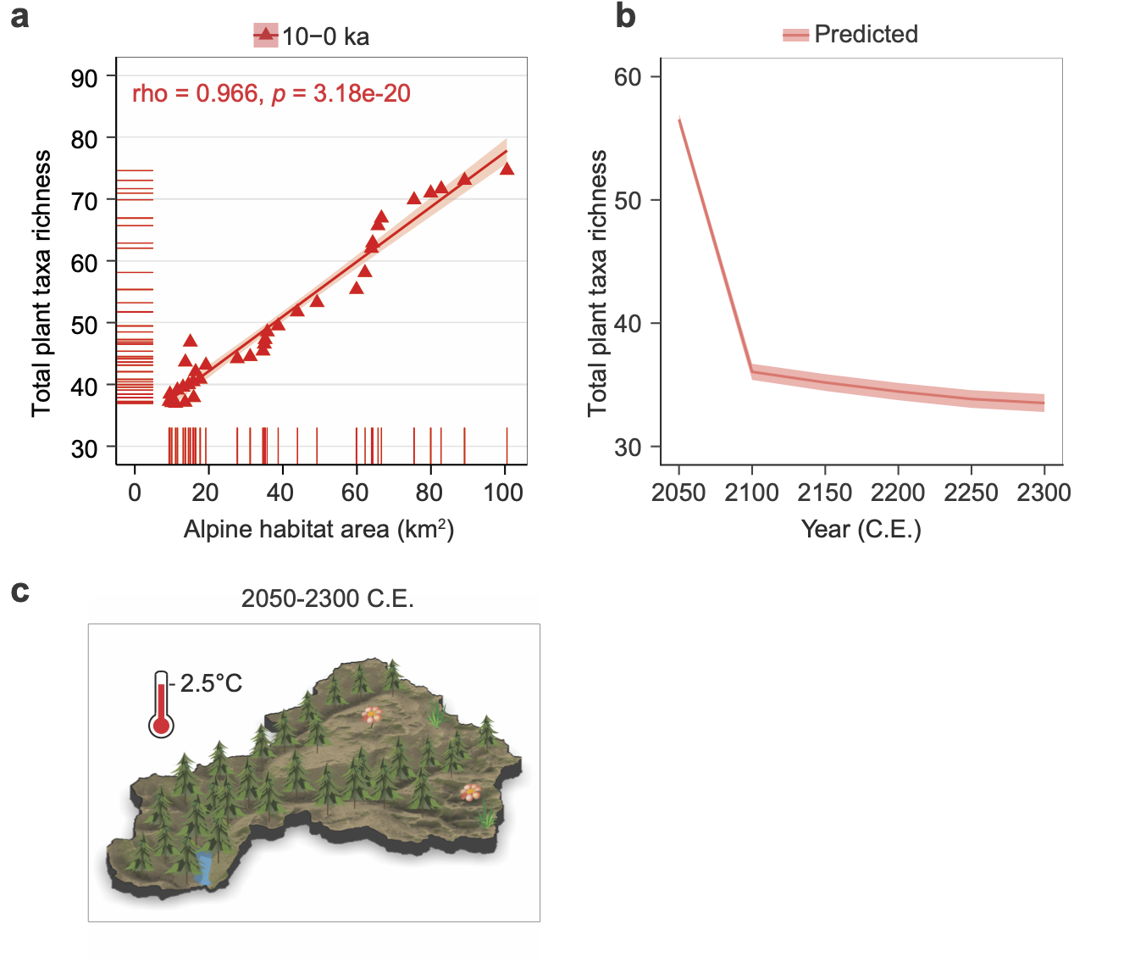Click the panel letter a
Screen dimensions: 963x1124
[19, 17]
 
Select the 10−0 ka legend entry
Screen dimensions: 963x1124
[312, 36]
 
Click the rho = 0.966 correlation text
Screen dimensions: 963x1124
[271, 93]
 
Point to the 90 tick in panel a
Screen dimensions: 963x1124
[85, 78]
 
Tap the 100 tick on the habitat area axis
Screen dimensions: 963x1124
[504, 493]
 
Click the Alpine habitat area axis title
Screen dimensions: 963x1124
[319, 530]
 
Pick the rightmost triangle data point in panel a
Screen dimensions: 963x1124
[507, 169]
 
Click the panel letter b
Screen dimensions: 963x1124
[625, 17]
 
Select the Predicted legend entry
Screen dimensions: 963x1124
[851, 35]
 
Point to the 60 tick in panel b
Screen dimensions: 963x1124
[628, 77]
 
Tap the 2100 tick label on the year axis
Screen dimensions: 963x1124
[751, 493]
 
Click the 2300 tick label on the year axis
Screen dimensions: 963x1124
[1044, 493]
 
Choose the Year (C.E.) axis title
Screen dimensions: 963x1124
[861, 530]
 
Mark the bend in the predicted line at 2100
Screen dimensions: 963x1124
[752, 371]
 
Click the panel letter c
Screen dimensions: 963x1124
[19, 591]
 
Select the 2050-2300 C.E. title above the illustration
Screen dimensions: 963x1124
[327, 598]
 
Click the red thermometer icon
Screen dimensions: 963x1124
[161, 704]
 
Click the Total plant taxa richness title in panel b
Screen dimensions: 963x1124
[598, 283]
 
